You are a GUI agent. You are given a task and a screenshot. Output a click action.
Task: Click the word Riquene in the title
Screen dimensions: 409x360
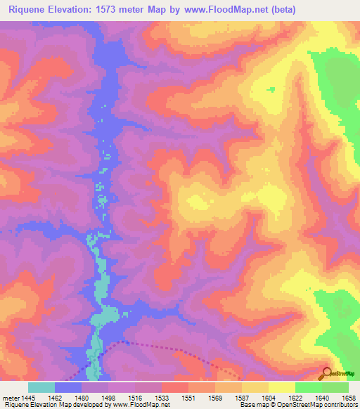pyautogui.click(x=29, y=9)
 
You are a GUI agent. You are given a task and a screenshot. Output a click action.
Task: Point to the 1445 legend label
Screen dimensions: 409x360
pyautogui.click(x=28, y=397)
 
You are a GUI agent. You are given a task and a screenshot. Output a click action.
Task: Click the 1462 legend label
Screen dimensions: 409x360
pyautogui.click(x=54, y=397)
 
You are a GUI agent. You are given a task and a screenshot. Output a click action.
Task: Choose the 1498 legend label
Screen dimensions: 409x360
pyautogui.click(x=107, y=397)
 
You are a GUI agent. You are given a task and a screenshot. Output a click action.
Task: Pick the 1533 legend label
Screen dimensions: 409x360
pyautogui.click(x=162, y=397)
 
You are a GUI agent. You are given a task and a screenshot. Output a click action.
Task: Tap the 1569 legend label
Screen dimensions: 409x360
pyautogui.click(x=215, y=397)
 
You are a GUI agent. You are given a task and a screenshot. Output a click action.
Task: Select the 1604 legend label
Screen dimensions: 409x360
pyautogui.click(x=269, y=397)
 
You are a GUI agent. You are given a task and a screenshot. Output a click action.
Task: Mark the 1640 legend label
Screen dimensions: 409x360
pyautogui.click(x=323, y=397)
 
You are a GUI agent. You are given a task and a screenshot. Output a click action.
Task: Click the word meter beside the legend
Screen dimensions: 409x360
pyautogui.click(x=11, y=397)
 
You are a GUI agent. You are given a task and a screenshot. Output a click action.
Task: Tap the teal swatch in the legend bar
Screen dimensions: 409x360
pyautogui.click(x=41, y=387)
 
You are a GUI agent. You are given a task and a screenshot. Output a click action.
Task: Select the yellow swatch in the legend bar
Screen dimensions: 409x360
pyautogui.click(x=281, y=387)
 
